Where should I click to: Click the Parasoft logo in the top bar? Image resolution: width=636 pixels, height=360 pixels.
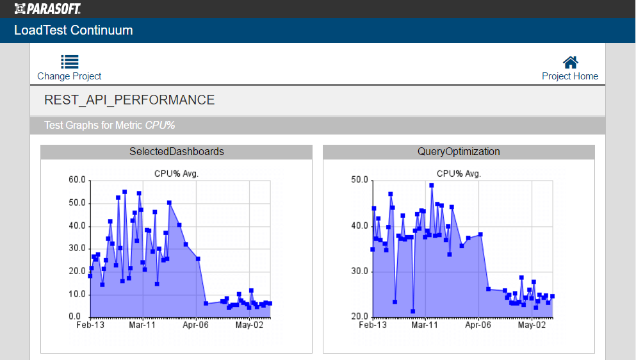[47, 8]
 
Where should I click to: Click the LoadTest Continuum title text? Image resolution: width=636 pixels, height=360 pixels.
[74, 30]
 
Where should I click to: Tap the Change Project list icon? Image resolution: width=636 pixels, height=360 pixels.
[70, 61]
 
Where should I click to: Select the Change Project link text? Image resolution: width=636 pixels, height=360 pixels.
[69, 76]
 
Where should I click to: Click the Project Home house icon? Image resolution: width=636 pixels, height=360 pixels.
[570, 61]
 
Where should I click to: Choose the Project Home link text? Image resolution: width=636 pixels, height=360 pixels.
[570, 76]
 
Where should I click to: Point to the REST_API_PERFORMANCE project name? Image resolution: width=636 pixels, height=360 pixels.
[129, 100]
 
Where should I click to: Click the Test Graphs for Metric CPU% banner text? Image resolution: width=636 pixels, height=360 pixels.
[110, 126]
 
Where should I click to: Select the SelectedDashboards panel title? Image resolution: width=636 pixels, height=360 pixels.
[177, 152]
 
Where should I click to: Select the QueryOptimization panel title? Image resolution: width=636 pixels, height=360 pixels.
[459, 152]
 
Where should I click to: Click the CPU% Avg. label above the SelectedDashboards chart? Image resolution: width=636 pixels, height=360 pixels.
[177, 174]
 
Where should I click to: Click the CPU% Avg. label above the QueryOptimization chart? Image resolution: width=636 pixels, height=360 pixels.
[459, 174]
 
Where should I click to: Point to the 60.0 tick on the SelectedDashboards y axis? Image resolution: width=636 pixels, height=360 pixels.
[77, 180]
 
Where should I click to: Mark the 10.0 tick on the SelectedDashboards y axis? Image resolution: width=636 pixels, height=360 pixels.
[77, 294]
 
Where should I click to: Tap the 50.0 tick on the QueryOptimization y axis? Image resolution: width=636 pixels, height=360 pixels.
[359, 180]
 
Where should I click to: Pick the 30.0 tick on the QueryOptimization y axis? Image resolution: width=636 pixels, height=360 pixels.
[359, 272]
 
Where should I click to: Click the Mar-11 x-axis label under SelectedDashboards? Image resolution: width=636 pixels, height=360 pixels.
[142, 325]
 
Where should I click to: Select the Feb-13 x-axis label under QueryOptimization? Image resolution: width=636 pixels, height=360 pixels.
[373, 325]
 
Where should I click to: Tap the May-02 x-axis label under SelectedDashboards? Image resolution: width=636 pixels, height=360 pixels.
[249, 325]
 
